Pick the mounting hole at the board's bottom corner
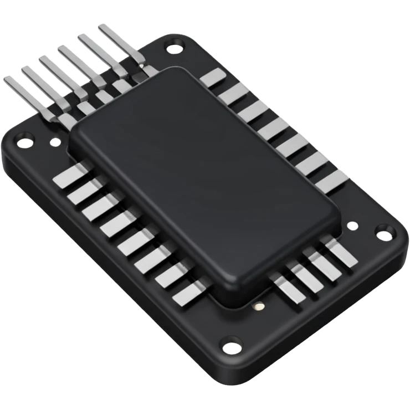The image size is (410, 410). (230, 348)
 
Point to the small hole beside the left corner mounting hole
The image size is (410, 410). (54, 143)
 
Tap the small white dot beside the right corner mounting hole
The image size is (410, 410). (351, 226)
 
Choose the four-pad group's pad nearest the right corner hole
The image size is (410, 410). (341, 253)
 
